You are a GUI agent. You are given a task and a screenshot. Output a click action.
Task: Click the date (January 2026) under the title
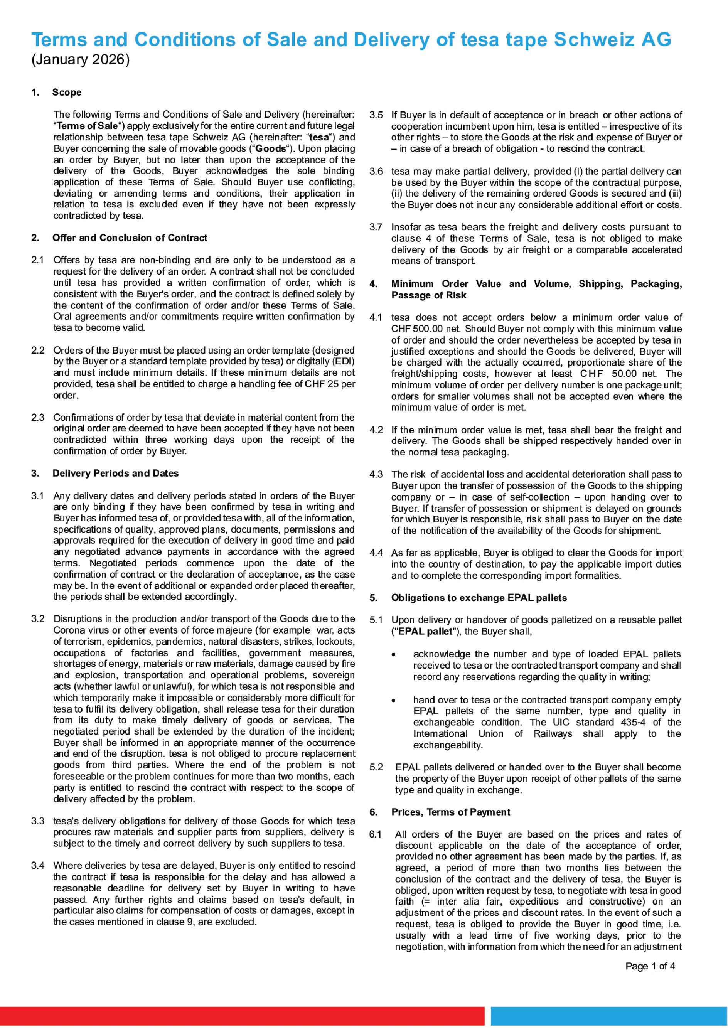(81, 60)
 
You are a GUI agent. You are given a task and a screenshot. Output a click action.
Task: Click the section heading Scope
(67, 93)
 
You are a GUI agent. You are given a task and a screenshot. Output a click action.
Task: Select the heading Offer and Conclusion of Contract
(130, 238)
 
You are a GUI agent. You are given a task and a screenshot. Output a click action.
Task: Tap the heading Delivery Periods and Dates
(115, 474)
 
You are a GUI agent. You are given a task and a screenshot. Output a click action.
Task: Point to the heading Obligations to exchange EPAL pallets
(479, 598)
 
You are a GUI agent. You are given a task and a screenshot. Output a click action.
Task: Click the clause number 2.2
(38, 351)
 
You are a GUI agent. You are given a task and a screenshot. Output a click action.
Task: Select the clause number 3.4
(38, 866)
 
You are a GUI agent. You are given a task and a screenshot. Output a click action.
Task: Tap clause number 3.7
(376, 227)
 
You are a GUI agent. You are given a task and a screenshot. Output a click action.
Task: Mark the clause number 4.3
(376, 475)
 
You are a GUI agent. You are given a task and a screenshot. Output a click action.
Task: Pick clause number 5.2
(376, 767)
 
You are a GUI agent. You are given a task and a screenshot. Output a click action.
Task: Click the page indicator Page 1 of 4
(650, 966)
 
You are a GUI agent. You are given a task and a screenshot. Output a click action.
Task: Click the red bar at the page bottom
(242, 1016)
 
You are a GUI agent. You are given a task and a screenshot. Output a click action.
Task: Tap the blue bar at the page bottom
(609, 1016)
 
